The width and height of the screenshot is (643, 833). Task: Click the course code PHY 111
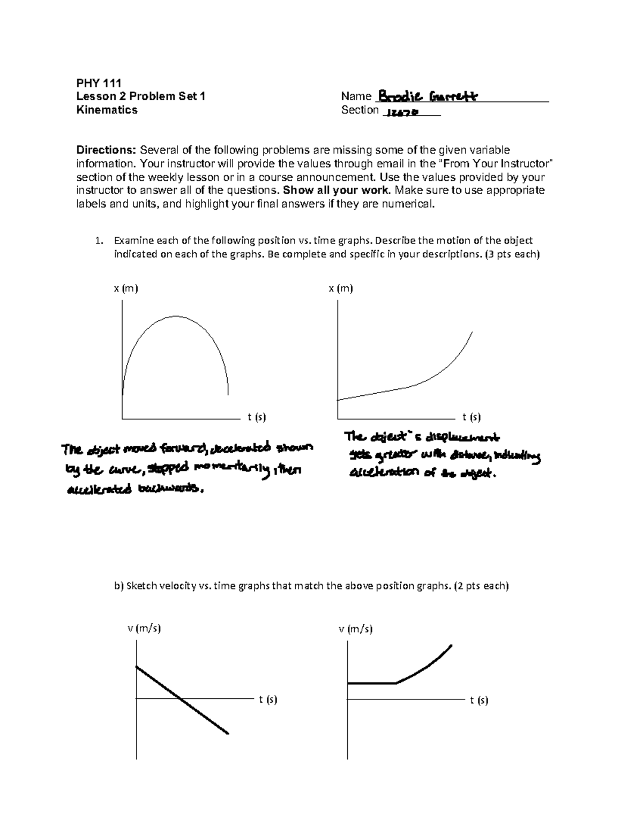tap(99, 83)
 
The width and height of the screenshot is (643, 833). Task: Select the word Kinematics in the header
tap(107, 110)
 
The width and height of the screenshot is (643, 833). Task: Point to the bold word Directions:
tap(106, 150)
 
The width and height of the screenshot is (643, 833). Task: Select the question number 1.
tap(98, 241)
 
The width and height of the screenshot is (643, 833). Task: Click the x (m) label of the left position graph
tap(125, 289)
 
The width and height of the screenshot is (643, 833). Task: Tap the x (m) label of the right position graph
tap(341, 289)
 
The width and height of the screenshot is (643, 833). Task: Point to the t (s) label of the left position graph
tap(257, 417)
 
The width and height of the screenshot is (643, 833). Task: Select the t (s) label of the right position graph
tap(472, 417)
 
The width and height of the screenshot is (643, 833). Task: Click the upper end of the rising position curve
tap(472, 333)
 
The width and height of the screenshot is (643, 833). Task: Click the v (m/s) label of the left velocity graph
tap(144, 628)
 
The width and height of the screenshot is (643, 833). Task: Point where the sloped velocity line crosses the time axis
tap(180, 698)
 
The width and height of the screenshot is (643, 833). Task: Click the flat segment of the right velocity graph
tap(372, 683)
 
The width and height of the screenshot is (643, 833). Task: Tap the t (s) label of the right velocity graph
tap(479, 700)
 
